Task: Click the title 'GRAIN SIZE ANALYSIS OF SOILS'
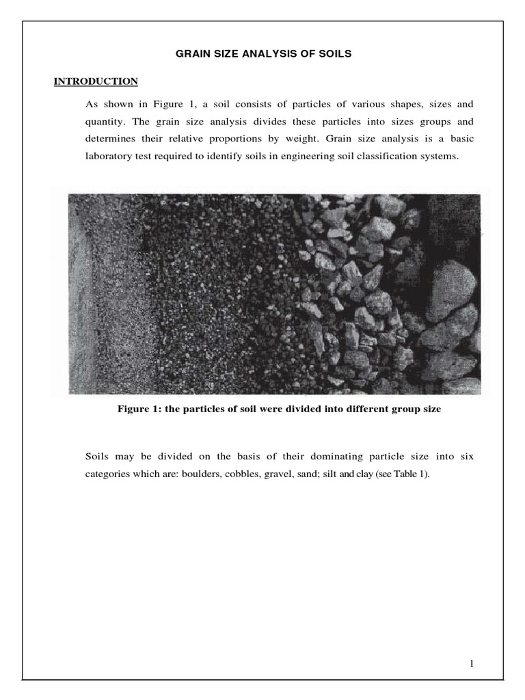point(262,53)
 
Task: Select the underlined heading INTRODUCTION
point(96,81)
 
